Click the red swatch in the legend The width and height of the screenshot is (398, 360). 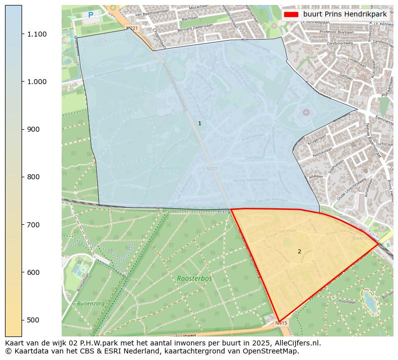[x=291, y=15]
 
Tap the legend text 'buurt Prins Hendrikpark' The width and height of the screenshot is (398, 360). [x=345, y=15]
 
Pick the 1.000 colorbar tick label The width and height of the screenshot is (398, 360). [x=37, y=82]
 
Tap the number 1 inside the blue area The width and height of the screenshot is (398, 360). [x=200, y=123]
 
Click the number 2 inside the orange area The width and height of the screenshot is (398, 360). [x=299, y=251]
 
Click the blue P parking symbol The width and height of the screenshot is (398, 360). [x=91, y=16]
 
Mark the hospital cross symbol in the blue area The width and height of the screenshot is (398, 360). [x=306, y=112]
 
